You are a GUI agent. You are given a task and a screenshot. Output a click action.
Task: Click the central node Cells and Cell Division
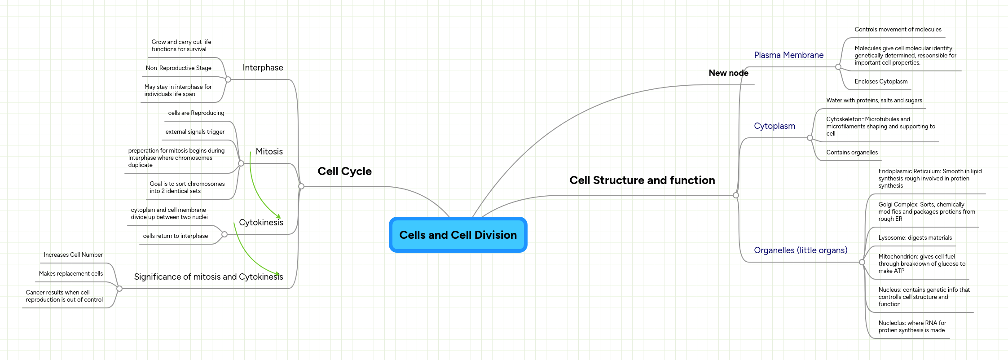[458, 235]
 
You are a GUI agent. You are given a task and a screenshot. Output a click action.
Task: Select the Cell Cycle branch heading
[344, 171]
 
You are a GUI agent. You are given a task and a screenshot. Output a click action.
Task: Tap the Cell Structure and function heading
[642, 180]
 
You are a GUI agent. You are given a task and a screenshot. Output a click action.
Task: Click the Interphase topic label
[263, 68]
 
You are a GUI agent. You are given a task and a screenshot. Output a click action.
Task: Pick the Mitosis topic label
[269, 152]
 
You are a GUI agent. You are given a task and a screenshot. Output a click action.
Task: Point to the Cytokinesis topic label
[261, 223]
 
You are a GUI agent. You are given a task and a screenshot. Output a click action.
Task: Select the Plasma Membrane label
[788, 55]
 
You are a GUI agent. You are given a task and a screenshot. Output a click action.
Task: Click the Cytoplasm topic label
[774, 126]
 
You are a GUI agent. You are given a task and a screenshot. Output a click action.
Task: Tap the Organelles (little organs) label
[801, 250]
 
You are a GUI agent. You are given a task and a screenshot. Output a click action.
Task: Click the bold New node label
[728, 73]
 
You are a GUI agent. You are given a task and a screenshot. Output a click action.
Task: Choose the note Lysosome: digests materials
[915, 238]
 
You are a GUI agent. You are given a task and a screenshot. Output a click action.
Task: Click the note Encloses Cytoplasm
[881, 82]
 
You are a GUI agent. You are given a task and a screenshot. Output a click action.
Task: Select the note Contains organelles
[852, 153]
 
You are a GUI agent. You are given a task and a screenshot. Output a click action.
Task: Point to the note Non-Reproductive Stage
[178, 68]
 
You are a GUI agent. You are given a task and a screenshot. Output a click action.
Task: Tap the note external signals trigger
[195, 132]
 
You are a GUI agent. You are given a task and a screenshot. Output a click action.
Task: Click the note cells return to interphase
[175, 236]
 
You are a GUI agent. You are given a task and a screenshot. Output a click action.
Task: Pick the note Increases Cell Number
[73, 255]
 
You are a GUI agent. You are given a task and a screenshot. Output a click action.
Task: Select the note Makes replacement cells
[71, 274]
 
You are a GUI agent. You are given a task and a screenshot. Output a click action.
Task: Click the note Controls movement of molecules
[898, 30]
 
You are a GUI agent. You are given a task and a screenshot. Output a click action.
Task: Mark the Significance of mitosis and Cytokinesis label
[208, 277]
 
